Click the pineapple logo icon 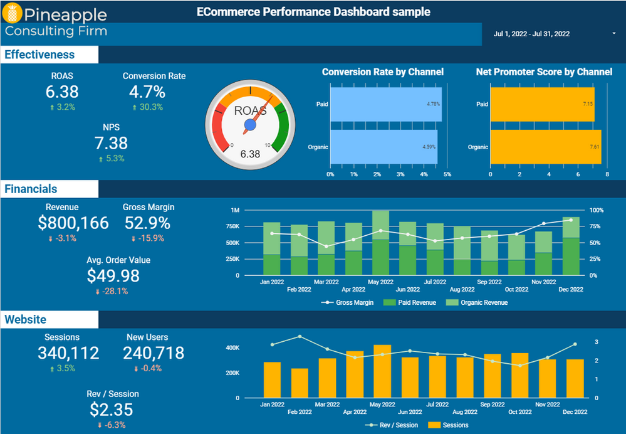(13, 13)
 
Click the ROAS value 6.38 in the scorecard (62, 92)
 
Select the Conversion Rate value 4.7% (147, 92)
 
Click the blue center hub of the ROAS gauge (250, 125)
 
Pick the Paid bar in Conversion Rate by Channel (385, 104)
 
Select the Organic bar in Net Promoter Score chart (545, 147)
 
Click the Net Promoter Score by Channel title (544, 72)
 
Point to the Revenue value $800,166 (73, 223)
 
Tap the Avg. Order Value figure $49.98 (113, 276)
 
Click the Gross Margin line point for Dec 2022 (570, 220)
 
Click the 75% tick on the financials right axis (596, 226)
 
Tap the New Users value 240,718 (154, 353)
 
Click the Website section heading (25, 320)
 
